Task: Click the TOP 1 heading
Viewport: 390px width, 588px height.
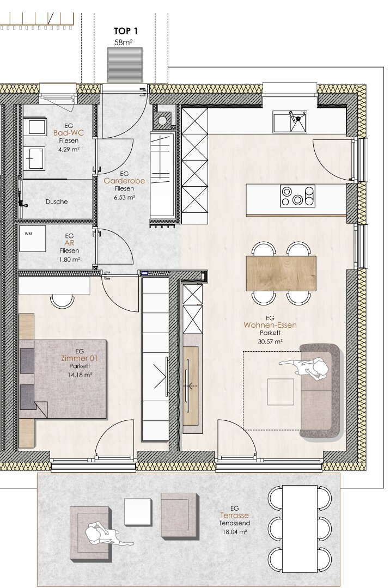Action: coord(126,31)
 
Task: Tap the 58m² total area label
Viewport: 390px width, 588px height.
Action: coord(124,42)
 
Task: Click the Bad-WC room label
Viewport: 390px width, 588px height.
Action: coord(69,133)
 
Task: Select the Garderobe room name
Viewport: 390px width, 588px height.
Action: coord(124,181)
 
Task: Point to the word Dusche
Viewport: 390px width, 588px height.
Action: coord(57,202)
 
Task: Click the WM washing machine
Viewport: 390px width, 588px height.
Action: coord(32,238)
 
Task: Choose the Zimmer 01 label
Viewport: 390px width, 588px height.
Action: coord(79,358)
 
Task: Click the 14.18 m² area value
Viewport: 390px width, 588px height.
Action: coord(80,375)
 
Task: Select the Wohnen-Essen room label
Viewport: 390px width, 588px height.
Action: coord(270,325)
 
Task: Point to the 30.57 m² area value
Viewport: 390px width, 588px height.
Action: coord(270,341)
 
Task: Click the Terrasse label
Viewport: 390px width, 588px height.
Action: coord(234,516)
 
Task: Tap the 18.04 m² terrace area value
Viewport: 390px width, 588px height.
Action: coord(235,532)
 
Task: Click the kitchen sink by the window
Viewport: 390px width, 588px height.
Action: coord(290,121)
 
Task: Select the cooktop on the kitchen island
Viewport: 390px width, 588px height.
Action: coord(298,196)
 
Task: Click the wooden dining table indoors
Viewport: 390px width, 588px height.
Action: coord(281,273)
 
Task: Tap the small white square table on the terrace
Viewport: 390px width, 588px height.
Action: coord(138,511)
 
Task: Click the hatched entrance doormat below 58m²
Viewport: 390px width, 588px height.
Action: coord(125,64)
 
